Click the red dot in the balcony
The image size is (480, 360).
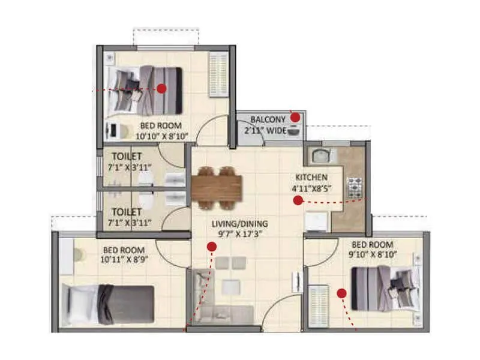(295, 117)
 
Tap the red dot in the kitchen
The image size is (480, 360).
(298, 201)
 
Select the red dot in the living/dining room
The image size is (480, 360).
(211, 246)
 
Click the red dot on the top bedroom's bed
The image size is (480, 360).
(161, 89)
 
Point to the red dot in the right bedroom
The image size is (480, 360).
(341, 293)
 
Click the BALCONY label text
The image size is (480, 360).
(268, 119)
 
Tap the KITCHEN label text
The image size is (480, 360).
(311, 178)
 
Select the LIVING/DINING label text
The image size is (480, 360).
(239, 224)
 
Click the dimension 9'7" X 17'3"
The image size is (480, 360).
(239, 234)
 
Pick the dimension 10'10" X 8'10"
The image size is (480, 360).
(164, 136)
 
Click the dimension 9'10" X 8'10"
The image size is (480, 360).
(372, 254)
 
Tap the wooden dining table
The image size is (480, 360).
(216, 184)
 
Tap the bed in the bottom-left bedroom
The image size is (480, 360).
(108, 304)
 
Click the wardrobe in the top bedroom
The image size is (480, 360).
(216, 74)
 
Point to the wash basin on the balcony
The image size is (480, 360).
(295, 131)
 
